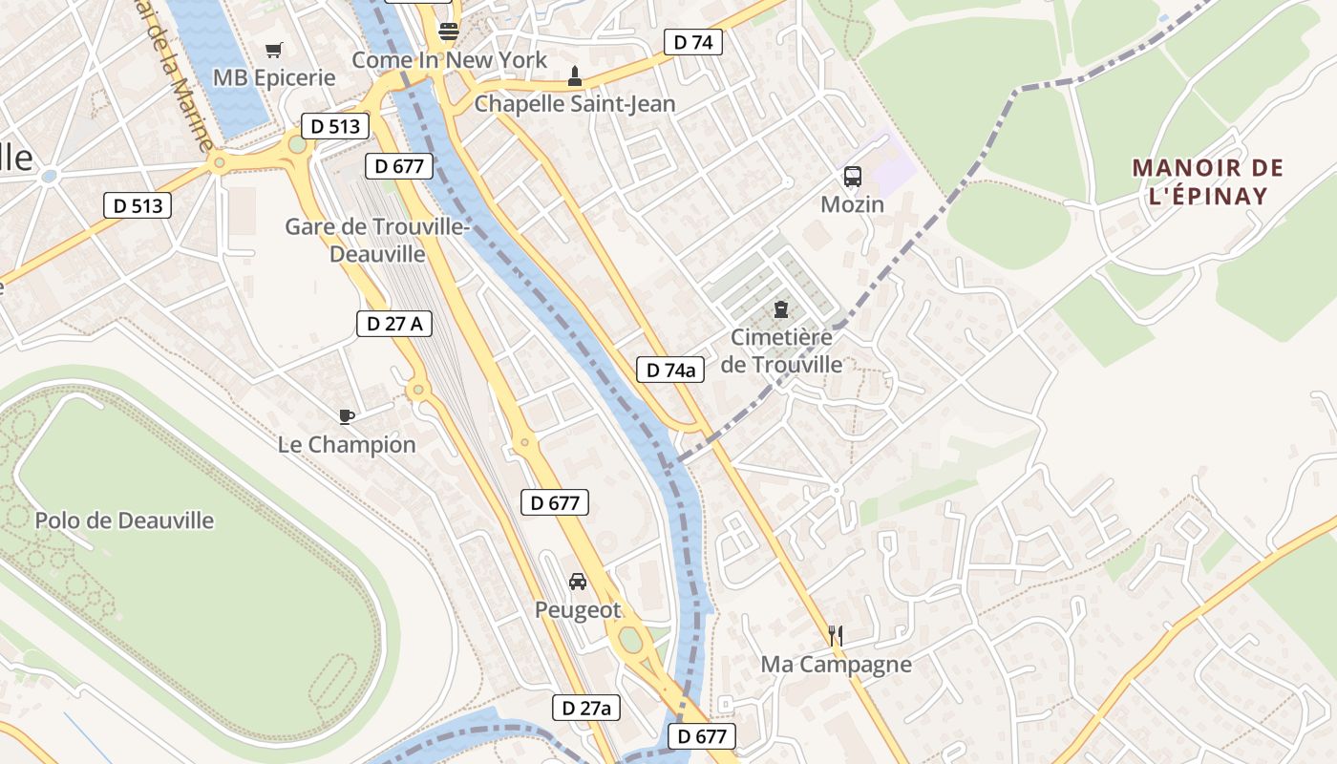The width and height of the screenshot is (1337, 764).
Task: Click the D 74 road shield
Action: click(x=693, y=42)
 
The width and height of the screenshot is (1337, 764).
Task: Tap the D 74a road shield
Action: click(x=670, y=370)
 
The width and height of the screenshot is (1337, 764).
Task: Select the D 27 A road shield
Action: click(x=394, y=324)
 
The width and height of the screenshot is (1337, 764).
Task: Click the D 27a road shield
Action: click(x=586, y=708)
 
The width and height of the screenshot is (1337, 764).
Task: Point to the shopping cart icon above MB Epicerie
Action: click(x=274, y=50)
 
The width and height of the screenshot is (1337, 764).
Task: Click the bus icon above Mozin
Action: click(x=852, y=177)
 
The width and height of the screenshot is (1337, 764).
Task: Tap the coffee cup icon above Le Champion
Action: click(x=347, y=416)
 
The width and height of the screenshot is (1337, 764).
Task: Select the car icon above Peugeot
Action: click(x=577, y=581)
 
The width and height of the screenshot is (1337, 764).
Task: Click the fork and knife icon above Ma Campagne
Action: click(x=836, y=635)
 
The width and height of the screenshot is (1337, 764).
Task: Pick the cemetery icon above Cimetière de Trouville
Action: click(x=781, y=309)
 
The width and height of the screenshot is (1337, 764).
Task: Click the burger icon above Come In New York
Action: click(x=448, y=32)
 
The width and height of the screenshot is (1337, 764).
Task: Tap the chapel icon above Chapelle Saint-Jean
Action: click(x=574, y=75)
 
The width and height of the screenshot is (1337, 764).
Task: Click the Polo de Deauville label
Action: click(x=124, y=520)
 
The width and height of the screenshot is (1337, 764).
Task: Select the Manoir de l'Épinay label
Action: click(x=1200, y=182)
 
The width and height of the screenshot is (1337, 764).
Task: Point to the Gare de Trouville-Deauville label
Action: click(x=376, y=241)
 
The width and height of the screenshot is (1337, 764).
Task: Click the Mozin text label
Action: click(x=852, y=204)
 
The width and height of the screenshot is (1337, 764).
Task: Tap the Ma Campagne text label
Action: click(x=836, y=664)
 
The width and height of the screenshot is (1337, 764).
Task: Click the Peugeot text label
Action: click(x=577, y=609)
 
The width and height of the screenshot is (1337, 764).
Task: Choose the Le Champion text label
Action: click(x=347, y=444)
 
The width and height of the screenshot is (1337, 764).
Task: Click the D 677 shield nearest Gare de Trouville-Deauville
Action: click(x=399, y=166)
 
